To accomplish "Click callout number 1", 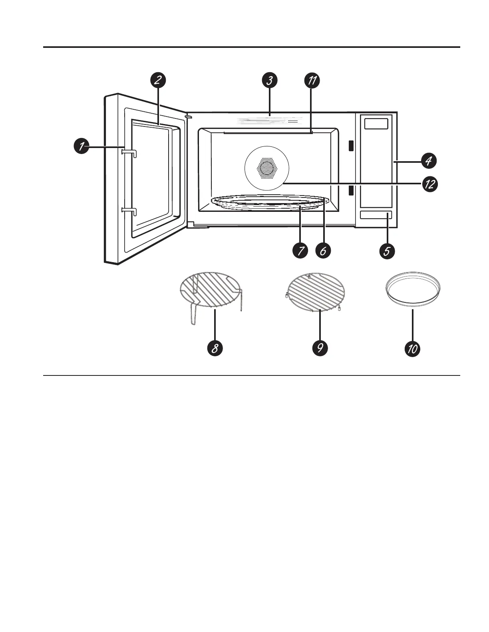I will pos(81,146).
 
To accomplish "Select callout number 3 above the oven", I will pos(270,80).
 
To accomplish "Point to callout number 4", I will pos(428,161).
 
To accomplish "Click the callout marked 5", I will pos(387,251).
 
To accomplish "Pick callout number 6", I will pos(323,251).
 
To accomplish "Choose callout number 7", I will pos(300,251).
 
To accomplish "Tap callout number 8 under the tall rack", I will pos(215,348).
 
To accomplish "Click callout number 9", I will pos(320,348).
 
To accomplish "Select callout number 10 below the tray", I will pos(412,349).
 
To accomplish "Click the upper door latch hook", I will pos(129,153).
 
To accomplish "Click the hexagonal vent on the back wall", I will pos(266,168).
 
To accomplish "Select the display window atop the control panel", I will pos(376,124).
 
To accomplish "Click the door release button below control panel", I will pos(376,215).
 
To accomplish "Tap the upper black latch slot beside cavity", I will pos(351,146).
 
